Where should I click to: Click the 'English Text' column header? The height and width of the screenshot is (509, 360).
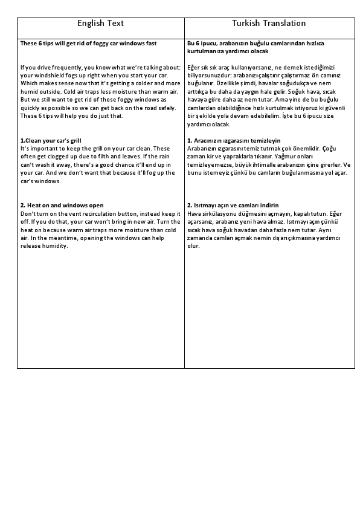(100, 23)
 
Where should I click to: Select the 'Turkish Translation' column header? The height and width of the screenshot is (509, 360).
(269, 23)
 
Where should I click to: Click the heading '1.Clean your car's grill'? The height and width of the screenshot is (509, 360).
(51, 140)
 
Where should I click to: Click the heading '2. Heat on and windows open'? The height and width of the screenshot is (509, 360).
(62, 206)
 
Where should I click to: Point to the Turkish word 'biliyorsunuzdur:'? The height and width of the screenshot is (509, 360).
(210, 75)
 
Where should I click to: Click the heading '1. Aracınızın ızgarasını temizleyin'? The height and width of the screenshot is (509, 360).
(234, 140)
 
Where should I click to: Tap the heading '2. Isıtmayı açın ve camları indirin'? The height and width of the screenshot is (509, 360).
(233, 206)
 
